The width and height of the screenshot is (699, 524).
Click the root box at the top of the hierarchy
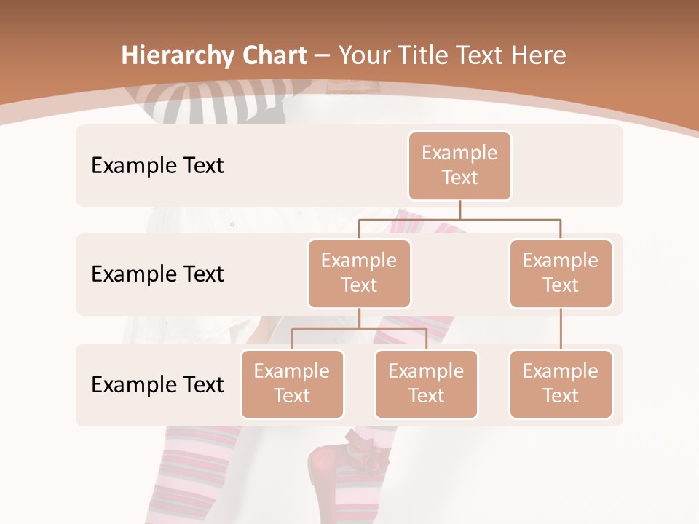459,166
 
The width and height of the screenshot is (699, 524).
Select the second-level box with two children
359,274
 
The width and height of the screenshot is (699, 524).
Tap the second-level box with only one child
561,274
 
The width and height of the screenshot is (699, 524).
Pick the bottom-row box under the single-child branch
561,384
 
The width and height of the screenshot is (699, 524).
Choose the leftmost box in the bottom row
292,384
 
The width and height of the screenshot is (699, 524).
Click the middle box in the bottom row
426,384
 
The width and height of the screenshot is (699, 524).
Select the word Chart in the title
275,56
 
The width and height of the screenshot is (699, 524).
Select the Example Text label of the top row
157,166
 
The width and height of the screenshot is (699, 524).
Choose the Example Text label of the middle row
157,274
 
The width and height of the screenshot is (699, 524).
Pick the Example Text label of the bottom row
157,384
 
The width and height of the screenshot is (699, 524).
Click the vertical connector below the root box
459,210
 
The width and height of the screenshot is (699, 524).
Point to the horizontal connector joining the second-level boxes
459,218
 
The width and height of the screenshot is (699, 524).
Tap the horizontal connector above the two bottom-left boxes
359,329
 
